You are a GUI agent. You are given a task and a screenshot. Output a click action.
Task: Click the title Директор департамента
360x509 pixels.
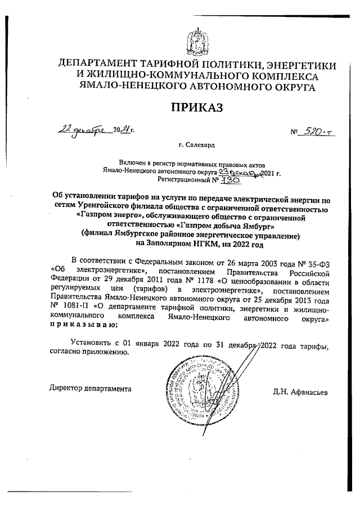tap(90, 388)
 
